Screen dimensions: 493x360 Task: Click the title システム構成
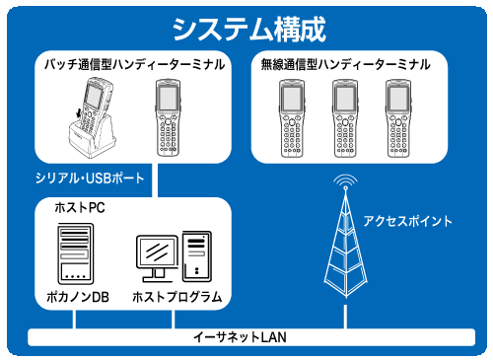pyautogui.click(x=248, y=30)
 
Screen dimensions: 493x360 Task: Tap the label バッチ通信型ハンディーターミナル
pyautogui.click(x=135, y=64)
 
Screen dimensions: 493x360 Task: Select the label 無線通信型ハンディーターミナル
pyautogui.click(x=345, y=64)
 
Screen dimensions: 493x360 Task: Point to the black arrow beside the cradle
pyautogui.click(x=79, y=112)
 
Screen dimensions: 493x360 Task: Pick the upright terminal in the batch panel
pyautogui.click(x=168, y=117)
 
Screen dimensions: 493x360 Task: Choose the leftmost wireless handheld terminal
pyautogui.click(x=292, y=118)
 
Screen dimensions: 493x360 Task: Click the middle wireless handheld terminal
pyautogui.click(x=345, y=118)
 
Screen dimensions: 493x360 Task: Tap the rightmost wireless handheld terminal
pyautogui.click(x=398, y=118)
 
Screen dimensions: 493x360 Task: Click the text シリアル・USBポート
pyautogui.click(x=90, y=179)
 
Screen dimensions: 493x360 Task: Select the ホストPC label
pyautogui.click(x=80, y=208)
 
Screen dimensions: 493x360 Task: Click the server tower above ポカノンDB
pyautogui.click(x=76, y=253)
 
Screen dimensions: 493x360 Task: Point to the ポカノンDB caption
pyautogui.click(x=78, y=297)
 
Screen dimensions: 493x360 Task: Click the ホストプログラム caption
pyautogui.click(x=177, y=297)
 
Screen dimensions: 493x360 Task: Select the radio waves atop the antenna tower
pyautogui.click(x=345, y=180)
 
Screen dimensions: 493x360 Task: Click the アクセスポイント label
pyautogui.click(x=408, y=221)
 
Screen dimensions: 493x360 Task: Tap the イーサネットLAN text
pyautogui.click(x=240, y=337)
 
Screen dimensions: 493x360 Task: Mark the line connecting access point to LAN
pyautogui.click(x=345, y=317)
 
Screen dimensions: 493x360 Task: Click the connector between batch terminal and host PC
pyautogui.click(x=155, y=180)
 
